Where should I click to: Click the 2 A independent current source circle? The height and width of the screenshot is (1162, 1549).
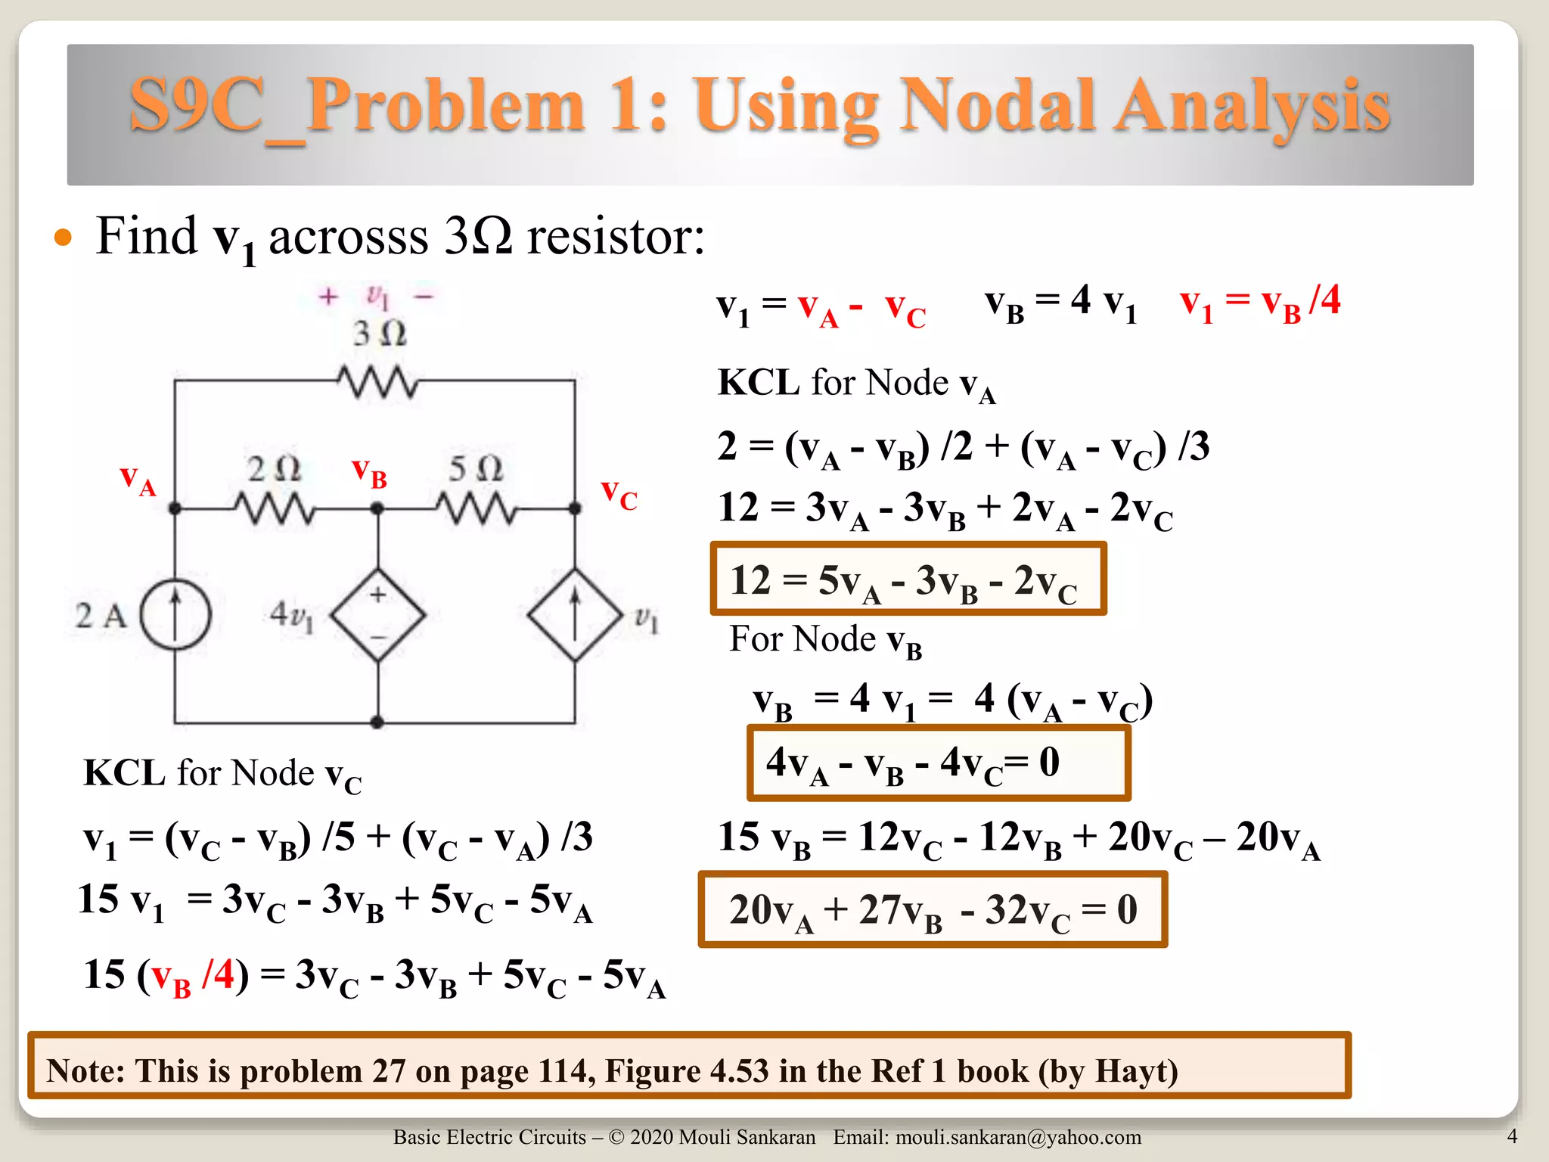175,614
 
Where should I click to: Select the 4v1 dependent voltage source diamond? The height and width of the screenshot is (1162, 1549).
377,614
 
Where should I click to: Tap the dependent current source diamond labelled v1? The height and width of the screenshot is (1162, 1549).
575,614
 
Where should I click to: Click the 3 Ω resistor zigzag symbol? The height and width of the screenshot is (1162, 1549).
377,382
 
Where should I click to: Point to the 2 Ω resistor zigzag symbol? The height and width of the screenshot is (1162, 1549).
274,508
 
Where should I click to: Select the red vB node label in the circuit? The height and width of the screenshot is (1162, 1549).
370,473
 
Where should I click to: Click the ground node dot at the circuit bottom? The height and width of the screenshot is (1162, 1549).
377,722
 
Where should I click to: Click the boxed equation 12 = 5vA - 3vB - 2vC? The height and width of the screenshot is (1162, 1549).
908,579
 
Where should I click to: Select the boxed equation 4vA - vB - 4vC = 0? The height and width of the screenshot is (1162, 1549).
938,763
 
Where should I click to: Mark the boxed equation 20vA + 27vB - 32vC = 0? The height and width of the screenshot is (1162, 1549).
933,909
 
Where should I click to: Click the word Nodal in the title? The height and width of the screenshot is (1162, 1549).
997,106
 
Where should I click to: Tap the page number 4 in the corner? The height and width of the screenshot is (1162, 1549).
1512,1136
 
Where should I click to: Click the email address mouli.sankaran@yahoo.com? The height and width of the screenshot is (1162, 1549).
1018,1137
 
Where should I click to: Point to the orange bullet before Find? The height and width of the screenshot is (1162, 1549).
64,238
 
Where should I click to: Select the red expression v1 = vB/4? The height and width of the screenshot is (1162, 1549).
1260,303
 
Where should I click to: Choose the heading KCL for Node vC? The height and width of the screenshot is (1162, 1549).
222,775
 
